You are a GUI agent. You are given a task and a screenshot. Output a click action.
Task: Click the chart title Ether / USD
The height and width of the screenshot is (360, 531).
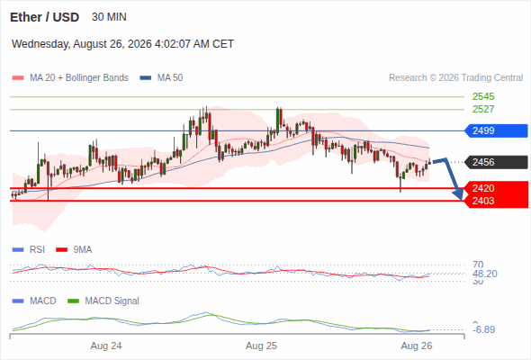click(44, 17)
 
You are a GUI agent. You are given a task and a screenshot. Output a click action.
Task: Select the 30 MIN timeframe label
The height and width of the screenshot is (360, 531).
click(109, 17)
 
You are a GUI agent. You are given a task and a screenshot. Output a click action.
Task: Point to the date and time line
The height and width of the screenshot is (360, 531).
click(122, 44)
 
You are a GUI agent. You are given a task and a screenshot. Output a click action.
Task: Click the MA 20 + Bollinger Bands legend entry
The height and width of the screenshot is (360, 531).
click(70, 78)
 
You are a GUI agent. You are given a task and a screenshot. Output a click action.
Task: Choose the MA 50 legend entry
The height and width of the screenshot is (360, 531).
click(161, 78)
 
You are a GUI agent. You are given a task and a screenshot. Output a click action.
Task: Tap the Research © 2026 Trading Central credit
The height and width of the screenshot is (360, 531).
click(455, 78)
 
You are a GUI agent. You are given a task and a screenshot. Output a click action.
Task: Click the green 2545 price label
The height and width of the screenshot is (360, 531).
click(483, 97)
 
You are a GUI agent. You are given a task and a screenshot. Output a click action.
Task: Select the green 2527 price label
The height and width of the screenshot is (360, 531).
click(483, 109)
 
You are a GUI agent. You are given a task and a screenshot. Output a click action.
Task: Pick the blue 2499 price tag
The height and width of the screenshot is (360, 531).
click(496, 130)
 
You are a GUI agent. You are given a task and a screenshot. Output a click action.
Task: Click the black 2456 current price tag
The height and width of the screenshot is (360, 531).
click(496, 162)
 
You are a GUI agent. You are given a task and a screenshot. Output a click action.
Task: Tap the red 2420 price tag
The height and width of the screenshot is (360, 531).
click(496, 188)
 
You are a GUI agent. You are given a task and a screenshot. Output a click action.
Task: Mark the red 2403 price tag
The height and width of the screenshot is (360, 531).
click(496, 201)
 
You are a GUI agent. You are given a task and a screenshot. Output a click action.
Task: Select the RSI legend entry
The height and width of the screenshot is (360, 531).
click(29, 249)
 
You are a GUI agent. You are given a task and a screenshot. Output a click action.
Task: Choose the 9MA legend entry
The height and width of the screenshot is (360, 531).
click(74, 249)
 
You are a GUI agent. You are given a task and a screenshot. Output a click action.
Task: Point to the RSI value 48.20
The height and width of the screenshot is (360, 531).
click(485, 274)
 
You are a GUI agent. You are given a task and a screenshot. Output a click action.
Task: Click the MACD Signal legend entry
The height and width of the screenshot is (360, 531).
click(103, 301)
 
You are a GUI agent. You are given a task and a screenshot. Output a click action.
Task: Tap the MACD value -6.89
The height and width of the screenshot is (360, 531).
click(483, 329)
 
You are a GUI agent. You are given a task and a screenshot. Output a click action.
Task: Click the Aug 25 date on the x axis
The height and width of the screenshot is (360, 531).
click(261, 346)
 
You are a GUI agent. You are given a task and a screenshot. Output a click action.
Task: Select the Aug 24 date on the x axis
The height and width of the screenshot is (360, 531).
click(106, 346)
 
